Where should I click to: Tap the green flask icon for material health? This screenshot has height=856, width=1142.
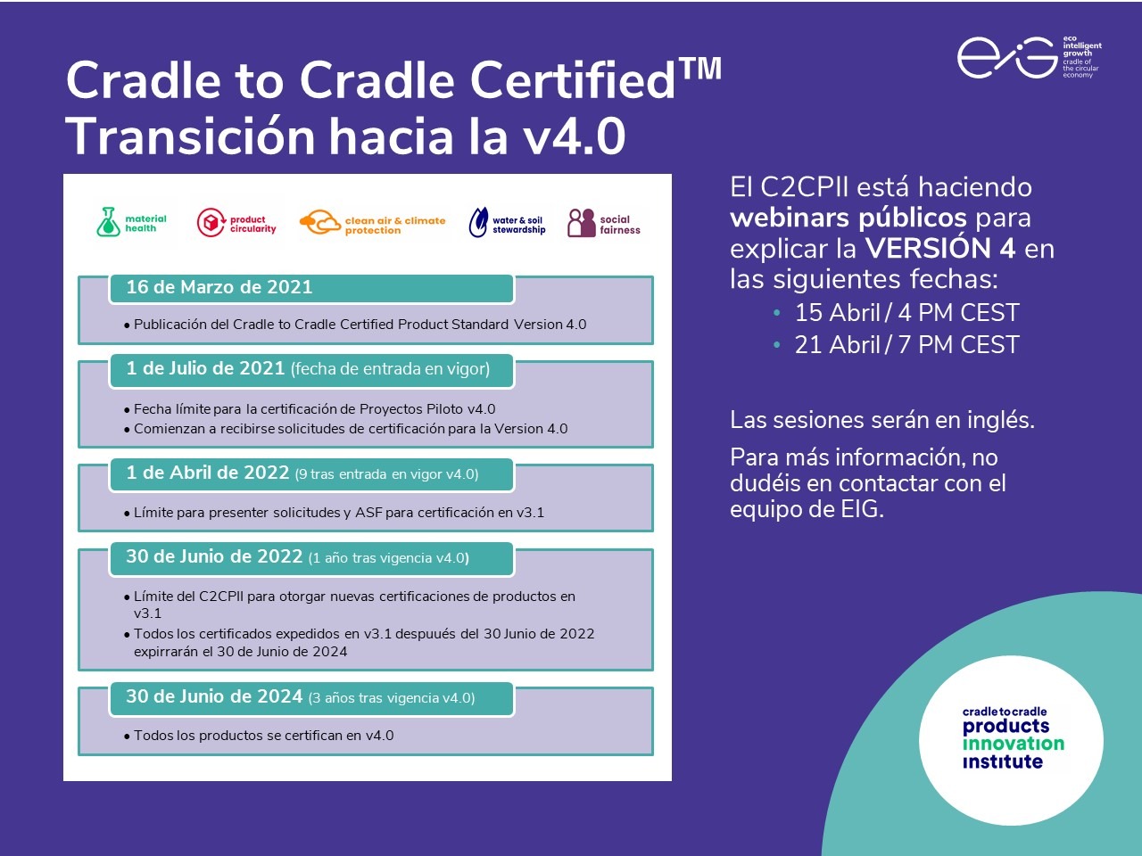tap(108, 222)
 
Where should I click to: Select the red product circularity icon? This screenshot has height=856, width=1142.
tap(211, 223)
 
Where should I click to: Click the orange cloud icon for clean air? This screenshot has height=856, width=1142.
tap(319, 223)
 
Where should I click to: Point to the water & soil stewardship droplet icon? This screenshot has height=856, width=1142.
tap(478, 223)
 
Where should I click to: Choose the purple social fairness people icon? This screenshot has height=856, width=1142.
tap(581, 223)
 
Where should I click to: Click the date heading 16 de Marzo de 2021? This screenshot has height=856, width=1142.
tap(219, 287)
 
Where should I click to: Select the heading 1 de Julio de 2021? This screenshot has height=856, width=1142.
tap(205, 368)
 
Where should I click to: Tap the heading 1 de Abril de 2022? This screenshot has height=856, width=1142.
tap(208, 473)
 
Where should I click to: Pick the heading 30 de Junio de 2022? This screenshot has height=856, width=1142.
tap(214, 556)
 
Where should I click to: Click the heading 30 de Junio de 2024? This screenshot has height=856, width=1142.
tap(214, 696)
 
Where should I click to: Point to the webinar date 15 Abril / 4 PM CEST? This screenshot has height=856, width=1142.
tap(906, 313)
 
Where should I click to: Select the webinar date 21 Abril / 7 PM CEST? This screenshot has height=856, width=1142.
tap(906, 345)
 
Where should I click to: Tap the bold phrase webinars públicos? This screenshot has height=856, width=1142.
tap(848, 218)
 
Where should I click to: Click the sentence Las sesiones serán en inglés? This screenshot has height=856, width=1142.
tap(881, 420)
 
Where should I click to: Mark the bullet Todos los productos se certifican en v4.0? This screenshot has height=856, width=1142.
tap(263, 736)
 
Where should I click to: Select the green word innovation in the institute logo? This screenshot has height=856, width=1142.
tap(1013, 744)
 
